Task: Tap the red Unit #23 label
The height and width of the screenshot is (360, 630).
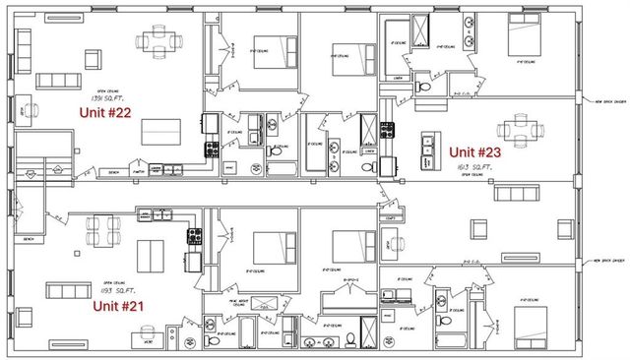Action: [476, 152]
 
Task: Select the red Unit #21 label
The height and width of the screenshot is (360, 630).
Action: [118, 306]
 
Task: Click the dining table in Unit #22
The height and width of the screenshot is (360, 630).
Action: [160, 40]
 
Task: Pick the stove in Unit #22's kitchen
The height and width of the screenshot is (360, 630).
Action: [211, 150]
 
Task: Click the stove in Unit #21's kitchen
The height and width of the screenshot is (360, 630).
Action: [194, 236]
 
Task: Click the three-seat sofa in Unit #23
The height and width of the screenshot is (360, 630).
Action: [518, 191]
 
